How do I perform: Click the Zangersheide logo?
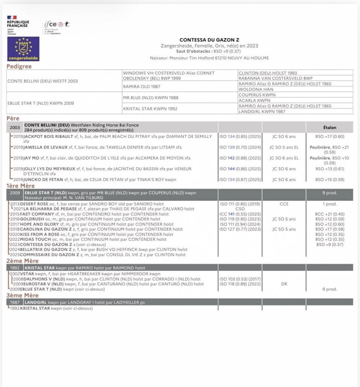click(x=23, y=49)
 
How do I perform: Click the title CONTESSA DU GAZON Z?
click(x=209, y=40)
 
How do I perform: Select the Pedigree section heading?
click(x=19, y=67)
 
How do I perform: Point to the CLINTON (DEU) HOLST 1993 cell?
click(x=268, y=73)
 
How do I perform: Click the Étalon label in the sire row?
click(x=329, y=127)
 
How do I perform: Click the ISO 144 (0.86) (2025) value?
click(x=240, y=169)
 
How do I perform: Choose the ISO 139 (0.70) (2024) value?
click(x=240, y=148)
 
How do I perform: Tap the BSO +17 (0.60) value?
click(x=330, y=137)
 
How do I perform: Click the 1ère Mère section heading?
click(x=20, y=186)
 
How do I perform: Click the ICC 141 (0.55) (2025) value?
click(x=240, y=214)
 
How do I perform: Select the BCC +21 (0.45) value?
click(x=330, y=214)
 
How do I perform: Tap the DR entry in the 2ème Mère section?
click(x=284, y=284)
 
